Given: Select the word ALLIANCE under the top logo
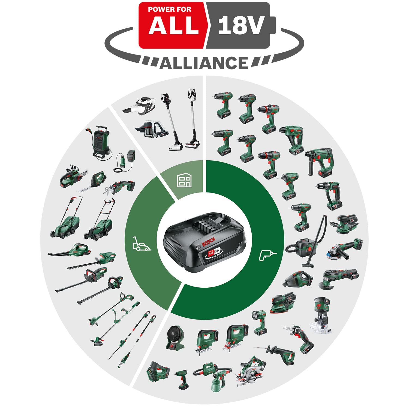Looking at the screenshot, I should (204, 63).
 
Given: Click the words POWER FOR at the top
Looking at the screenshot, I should (169, 10).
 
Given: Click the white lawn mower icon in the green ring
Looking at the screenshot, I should (141, 244).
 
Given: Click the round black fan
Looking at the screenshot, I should (175, 337).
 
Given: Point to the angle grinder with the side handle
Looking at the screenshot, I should (345, 248).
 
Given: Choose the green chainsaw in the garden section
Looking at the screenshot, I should (73, 176).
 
